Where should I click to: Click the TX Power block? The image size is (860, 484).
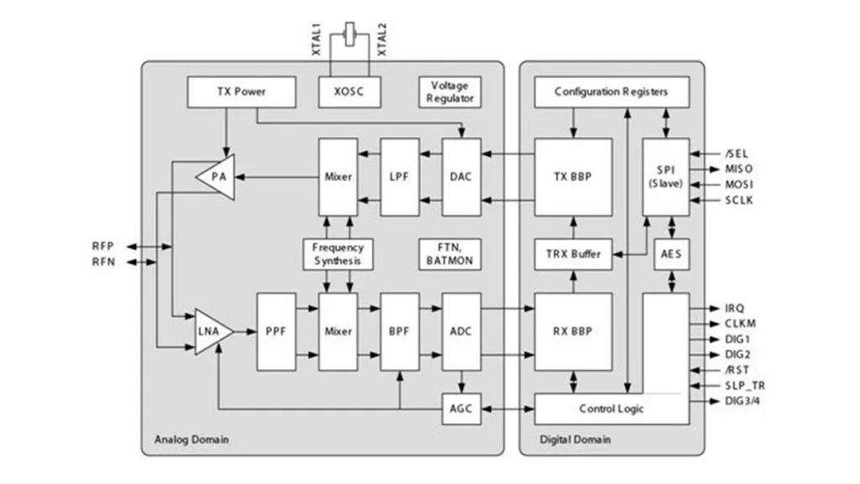[241, 92]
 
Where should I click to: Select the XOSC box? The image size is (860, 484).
[349, 92]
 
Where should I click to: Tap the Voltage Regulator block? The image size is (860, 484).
[450, 92]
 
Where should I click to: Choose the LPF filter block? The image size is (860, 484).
[400, 177]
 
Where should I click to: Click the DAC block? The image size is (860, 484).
[460, 177]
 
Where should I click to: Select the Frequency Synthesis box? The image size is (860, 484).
[338, 254]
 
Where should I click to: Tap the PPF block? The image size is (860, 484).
[276, 332]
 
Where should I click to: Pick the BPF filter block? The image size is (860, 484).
[400, 332]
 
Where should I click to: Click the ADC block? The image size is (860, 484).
[460, 332]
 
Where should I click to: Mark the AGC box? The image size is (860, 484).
[460, 409]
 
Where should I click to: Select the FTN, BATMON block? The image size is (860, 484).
[450, 254]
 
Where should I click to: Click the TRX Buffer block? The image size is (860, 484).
[574, 254]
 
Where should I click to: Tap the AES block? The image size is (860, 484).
[670, 254]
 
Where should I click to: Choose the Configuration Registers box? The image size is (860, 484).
[611, 92]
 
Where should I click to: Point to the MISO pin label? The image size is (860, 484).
[740, 169]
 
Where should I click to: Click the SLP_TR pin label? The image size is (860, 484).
[745, 386]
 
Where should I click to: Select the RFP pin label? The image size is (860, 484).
[103, 246]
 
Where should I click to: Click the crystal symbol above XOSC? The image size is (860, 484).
[349, 38]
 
